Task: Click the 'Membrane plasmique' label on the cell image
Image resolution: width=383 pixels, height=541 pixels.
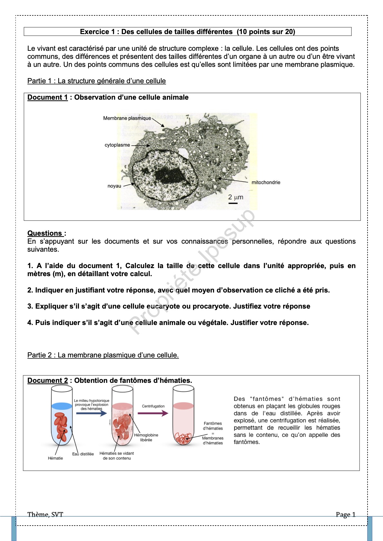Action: click(x=127, y=118)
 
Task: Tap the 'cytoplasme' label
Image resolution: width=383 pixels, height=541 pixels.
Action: click(x=117, y=145)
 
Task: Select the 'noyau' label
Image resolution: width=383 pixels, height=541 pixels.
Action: click(x=114, y=186)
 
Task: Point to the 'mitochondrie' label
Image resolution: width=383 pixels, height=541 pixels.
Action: click(x=266, y=183)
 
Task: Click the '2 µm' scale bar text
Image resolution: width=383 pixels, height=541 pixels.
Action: click(x=236, y=197)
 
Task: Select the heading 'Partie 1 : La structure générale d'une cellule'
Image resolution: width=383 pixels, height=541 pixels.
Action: click(x=97, y=81)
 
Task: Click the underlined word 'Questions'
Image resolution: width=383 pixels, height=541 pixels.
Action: click(x=45, y=233)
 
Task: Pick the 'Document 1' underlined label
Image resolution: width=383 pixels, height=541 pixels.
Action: click(x=48, y=97)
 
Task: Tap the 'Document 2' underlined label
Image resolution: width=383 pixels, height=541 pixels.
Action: click(x=48, y=381)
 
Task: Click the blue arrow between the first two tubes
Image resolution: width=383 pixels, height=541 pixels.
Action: click(x=91, y=413)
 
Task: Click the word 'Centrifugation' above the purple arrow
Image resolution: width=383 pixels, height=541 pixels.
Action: click(x=153, y=406)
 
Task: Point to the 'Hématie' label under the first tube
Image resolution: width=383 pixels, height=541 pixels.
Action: click(x=55, y=458)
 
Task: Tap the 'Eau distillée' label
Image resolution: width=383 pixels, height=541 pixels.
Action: click(x=83, y=454)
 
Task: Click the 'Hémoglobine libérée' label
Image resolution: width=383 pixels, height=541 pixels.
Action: click(x=146, y=437)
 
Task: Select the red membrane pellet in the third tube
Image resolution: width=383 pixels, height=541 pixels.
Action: click(x=183, y=438)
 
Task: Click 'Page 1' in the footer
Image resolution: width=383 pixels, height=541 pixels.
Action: click(x=345, y=515)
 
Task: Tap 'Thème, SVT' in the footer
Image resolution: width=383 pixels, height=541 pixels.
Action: click(x=45, y=515)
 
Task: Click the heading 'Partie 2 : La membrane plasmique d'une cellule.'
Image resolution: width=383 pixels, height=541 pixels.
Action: click(x=103, y=355)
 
